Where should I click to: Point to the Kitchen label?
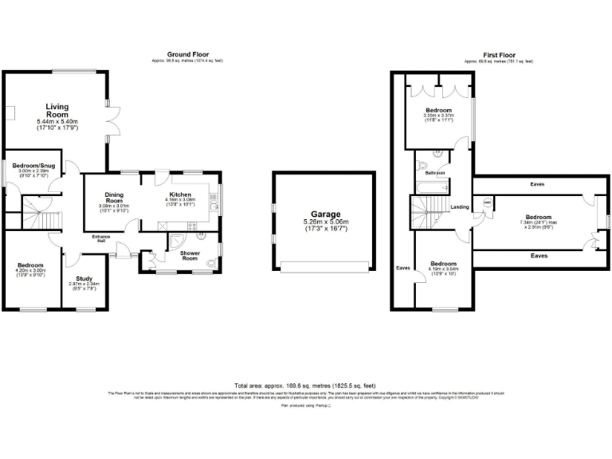coord(180,194)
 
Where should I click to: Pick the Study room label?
coord(83,278)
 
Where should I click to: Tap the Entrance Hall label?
coord(100,238)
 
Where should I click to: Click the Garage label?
coord(325,214)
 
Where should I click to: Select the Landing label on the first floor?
coord(460,208)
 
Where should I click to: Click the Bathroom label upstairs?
coord(434,173)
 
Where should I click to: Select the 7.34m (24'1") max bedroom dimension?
coord(538,222)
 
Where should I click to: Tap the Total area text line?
coord(306,384)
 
